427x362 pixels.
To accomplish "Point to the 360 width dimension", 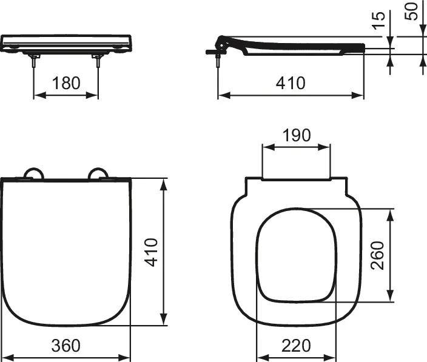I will pyautogui.click(x=66, y=346).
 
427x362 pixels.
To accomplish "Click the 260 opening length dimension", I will pyautogui.click(x=377, y=255).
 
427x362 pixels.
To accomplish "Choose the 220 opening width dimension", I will pyautogui.click(x=296, y=346).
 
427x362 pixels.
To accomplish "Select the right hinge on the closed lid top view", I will pyautogui.click(x=98, y=175).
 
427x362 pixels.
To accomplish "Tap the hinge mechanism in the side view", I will pyautogui.click(x=226, y=43).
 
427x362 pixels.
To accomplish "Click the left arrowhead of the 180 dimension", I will pyautogui.click(x=36, y=95).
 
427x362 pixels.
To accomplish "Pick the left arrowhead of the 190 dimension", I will pyautogui.click(x=264, y=146).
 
